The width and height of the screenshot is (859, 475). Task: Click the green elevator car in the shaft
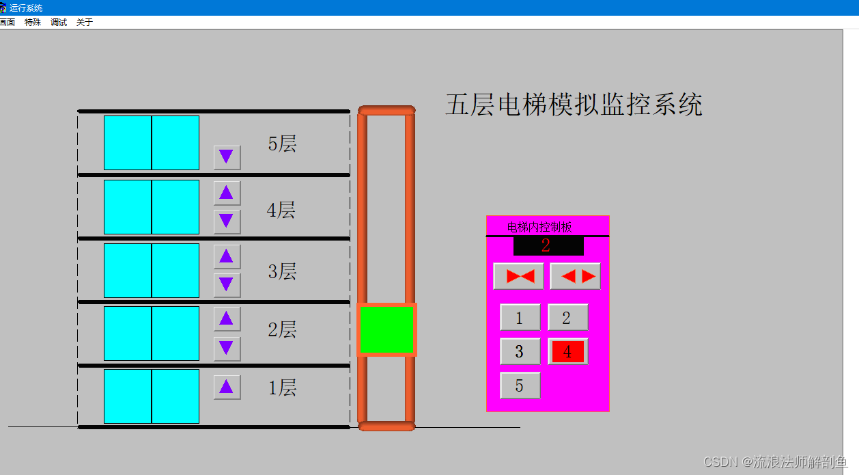click(386, 329)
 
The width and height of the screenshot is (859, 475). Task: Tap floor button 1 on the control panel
click(520, 317)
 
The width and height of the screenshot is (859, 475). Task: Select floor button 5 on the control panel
click(520, 385)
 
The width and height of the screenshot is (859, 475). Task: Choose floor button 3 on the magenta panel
click(520, 351)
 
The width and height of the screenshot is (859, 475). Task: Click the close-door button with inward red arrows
click(519, 276)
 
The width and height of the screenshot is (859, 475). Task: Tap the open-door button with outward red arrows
click(575, 276)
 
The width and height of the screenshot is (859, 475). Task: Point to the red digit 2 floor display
click(546, 245)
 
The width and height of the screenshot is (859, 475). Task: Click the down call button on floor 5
click(227, 157)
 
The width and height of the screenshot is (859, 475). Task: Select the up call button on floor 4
click(227, 193)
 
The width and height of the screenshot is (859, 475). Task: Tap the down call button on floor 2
click(227, 349)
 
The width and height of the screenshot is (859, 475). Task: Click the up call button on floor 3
click(227, 256)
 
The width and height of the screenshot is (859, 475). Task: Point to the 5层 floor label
click(282, 144)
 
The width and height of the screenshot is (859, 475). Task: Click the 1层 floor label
click(282, 388)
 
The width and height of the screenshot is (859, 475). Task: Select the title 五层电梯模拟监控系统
click(574, 105)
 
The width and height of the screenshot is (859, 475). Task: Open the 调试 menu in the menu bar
click(59, 23)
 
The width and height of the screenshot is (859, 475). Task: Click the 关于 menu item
click(85, 23)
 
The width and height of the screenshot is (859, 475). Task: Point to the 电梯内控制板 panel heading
click(539, 227)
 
